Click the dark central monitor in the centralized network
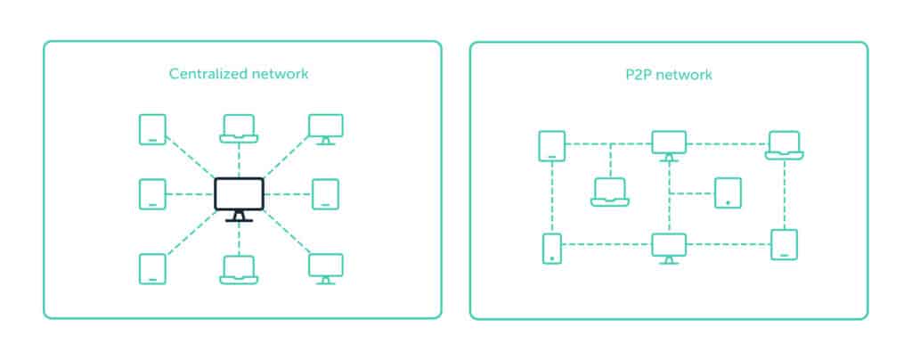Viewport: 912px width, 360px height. [x=239, y=194]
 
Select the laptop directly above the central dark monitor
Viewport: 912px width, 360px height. [x=239, y=128]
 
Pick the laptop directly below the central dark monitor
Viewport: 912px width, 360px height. [x=239, y=269]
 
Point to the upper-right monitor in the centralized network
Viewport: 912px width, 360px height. [x=325, y=127]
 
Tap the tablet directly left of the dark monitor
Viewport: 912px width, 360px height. [x=152, y=194]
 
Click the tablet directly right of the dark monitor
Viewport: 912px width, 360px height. [x=325, y=194]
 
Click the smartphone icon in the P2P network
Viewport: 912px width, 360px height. [x=552, y=249]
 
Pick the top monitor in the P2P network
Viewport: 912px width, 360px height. [x=669, y=143]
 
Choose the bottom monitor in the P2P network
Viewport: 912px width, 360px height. [x=669, y=246]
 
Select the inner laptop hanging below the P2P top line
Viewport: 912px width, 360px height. [x=610, y=192]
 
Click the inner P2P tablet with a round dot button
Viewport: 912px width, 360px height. [x=728, y=192]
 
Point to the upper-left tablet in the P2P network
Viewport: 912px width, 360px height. [x=552, y=145]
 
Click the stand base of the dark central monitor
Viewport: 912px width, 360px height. [x=239, y=219]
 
